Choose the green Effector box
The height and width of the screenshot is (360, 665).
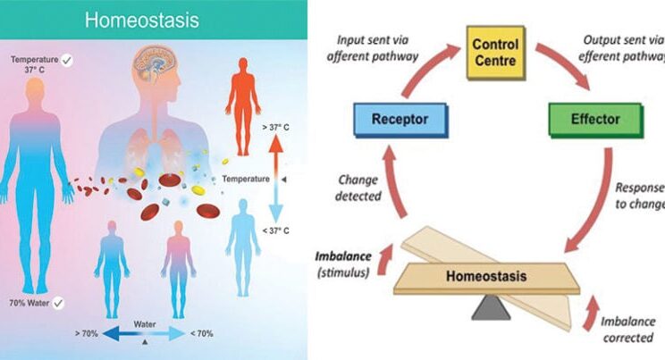pyautogui.click(x=594, y=118)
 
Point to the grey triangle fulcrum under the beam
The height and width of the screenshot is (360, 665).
pyautogui.click(x=491, y=309)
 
